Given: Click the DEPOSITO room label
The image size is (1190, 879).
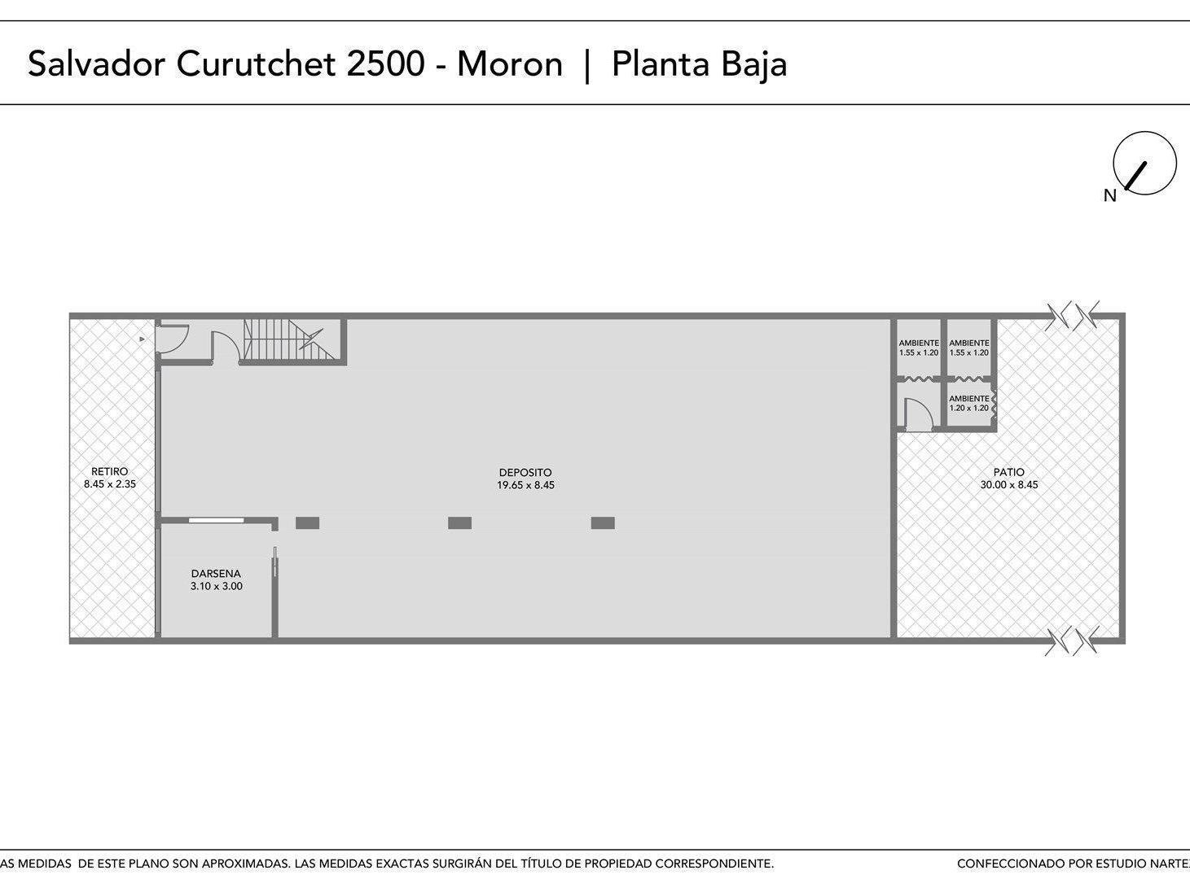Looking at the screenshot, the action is (x=525, y=473).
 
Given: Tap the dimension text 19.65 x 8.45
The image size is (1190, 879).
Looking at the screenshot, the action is (x=526, y=485).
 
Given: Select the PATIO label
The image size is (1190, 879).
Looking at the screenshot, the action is (x=1008, y=473).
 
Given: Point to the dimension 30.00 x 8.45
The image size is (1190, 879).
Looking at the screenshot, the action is (x=1009, y=485).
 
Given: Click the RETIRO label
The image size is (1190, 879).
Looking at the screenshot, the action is (x=109, y=471).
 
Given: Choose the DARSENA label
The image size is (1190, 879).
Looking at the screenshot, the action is (x=216, y=573).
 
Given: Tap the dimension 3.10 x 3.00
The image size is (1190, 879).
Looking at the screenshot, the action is (x=216, y=586).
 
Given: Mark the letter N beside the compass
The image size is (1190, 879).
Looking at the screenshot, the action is (x=1109, y=196).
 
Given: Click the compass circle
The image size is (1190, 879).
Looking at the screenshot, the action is (x=1145, y=163).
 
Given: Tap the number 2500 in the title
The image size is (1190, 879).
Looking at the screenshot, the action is (x=385, y=64).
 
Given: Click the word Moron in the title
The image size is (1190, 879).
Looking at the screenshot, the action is (x=510, y=64).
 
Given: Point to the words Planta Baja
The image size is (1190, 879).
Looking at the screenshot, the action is (x=700, y=65).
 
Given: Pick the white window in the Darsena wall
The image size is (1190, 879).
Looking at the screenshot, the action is (x=216, y=520).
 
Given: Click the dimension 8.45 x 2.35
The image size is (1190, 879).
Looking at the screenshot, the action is (x=110, y=483).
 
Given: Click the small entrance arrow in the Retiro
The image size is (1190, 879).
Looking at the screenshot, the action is (x=143, y=339).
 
